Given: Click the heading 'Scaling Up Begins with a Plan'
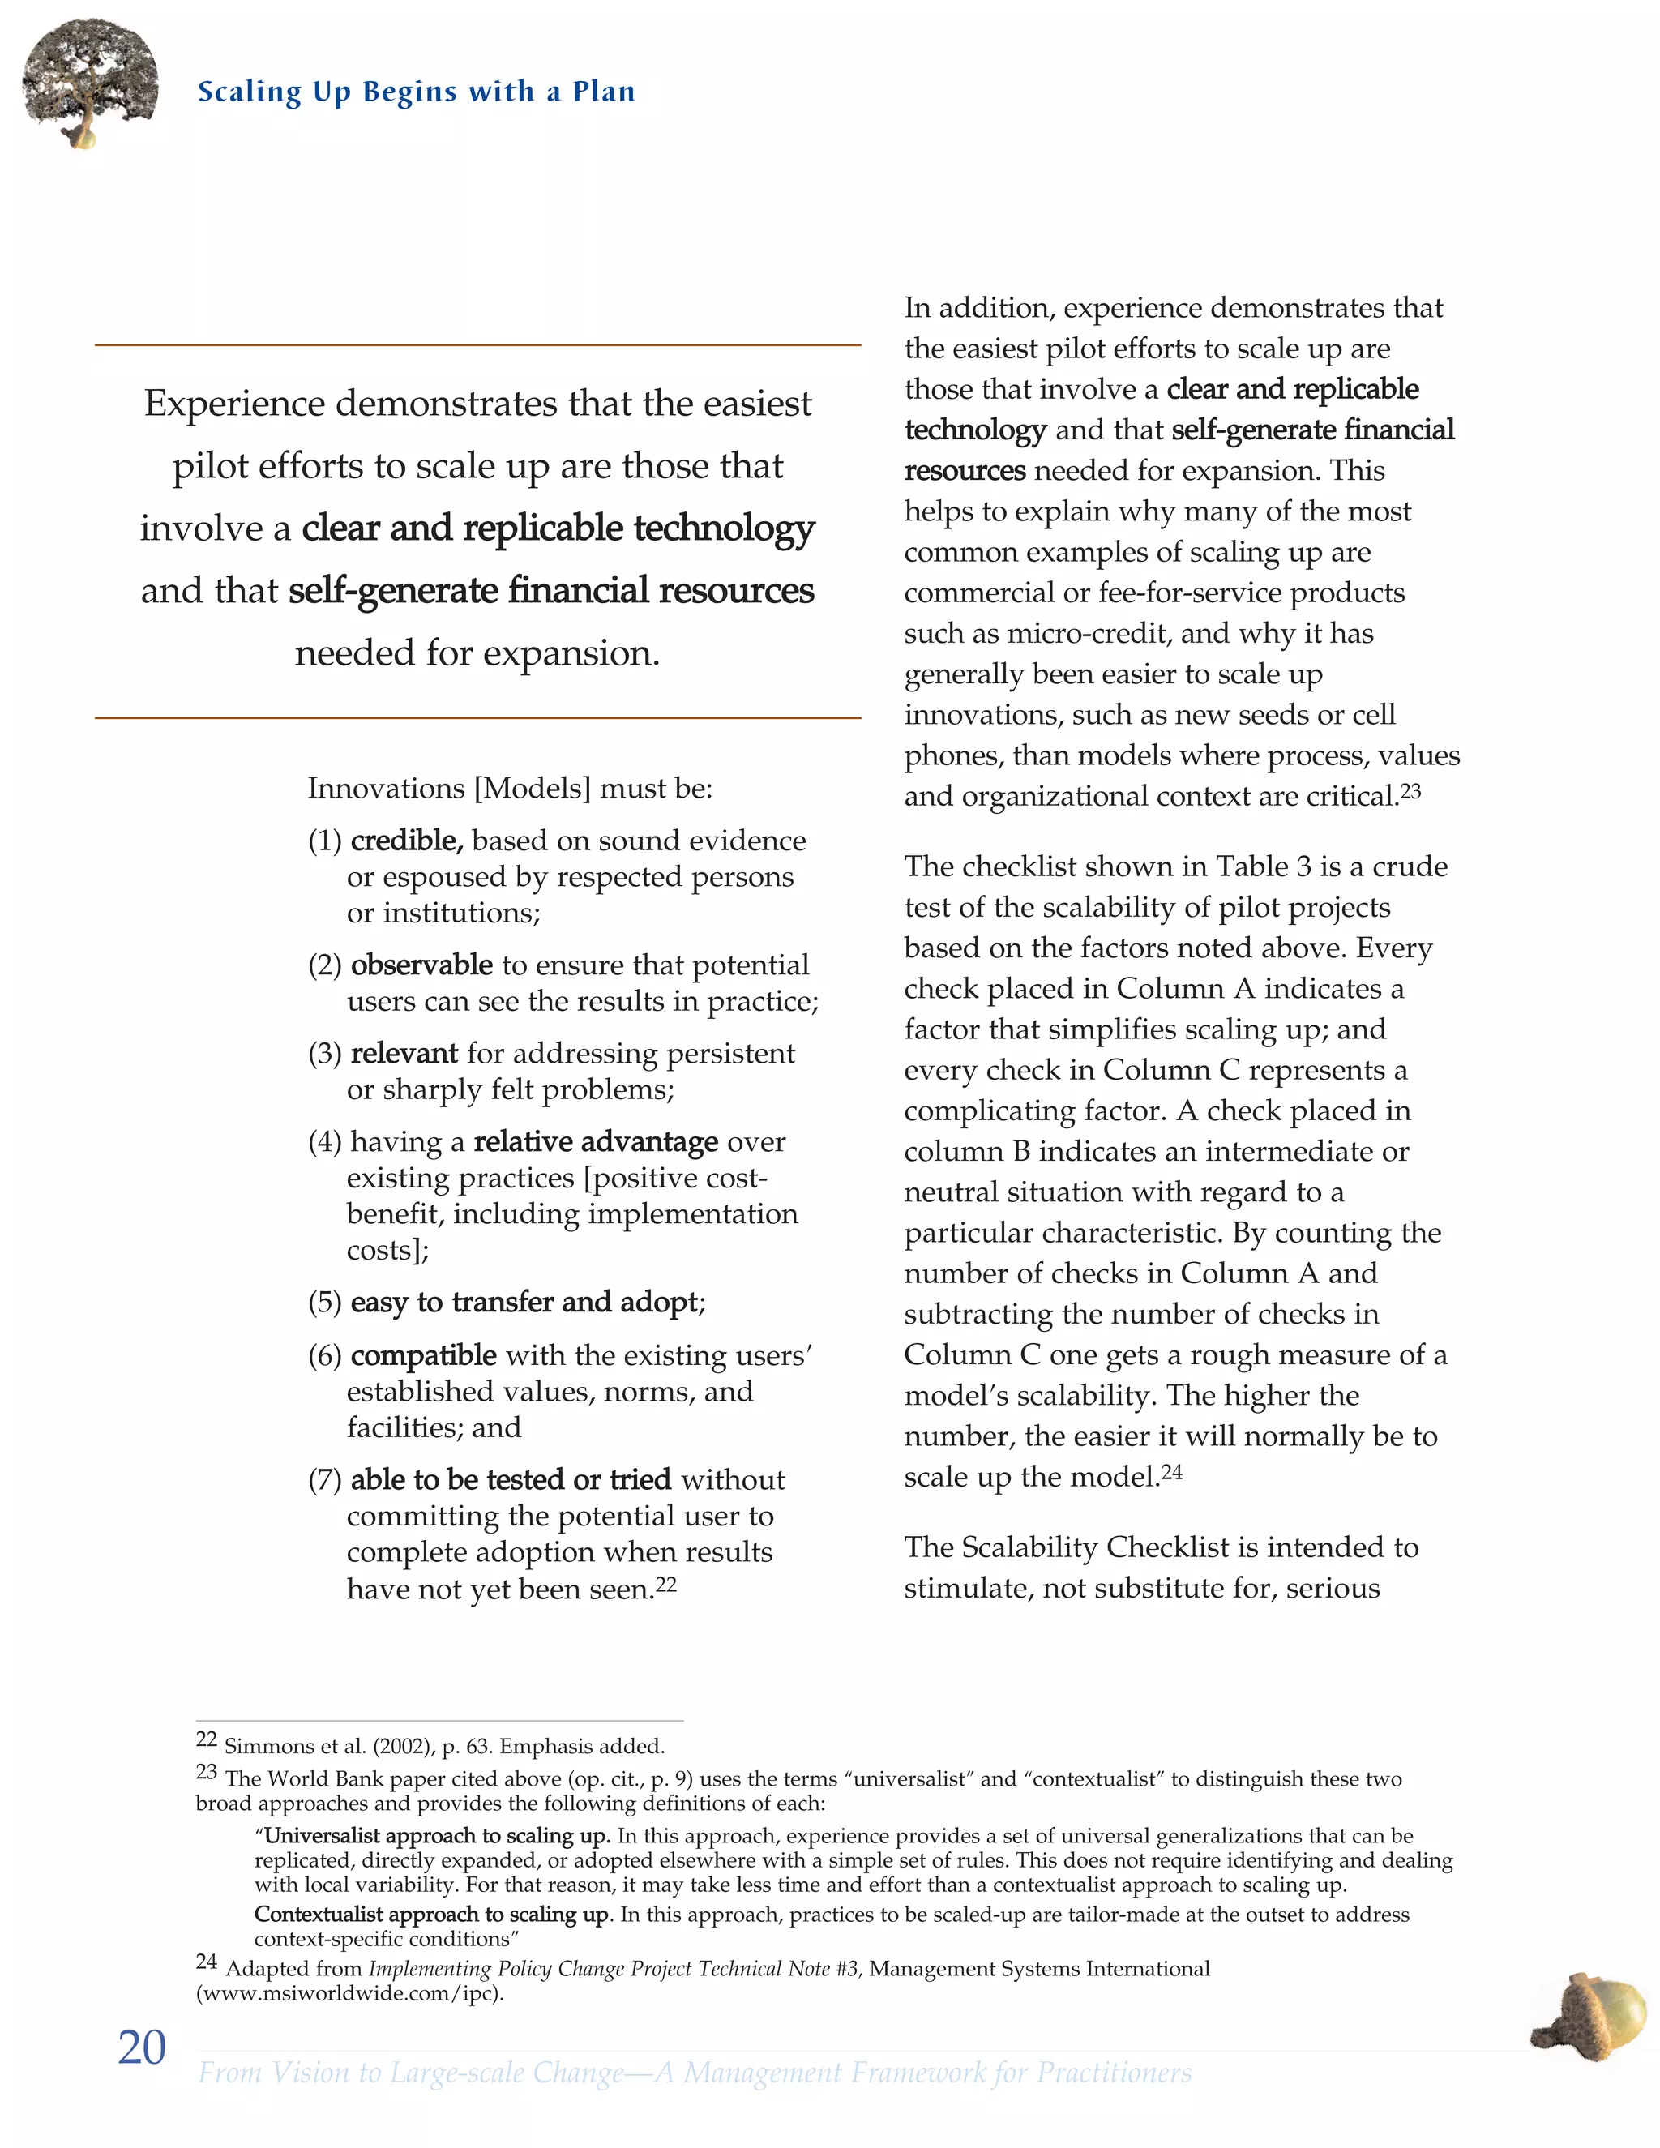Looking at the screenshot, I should click(x=416, y=92).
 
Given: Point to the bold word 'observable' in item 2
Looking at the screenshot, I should click(x=421, y=965).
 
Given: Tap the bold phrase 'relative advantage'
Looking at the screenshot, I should click(x=596, y=1142).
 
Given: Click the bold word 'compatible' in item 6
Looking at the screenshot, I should click(x=423, y=1355).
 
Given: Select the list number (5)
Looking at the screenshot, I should click(x=324, y=1303).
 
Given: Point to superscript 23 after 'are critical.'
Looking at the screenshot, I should click(x=1410, y=792).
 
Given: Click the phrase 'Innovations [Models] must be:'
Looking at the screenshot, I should click(x=509, y=789).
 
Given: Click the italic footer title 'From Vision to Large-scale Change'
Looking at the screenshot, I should click(x=410, y=2073).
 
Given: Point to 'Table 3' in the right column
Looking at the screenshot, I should click(x=1263, y=866).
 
